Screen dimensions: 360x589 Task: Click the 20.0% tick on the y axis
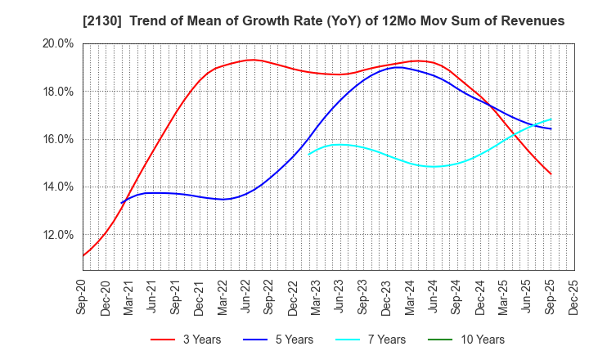click(x=56, y=44)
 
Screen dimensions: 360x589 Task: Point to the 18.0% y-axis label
click(x=56, y=92)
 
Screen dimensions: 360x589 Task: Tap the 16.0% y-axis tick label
click(x=56, y=139)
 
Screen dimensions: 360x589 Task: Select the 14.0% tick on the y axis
click(x=56, y=187)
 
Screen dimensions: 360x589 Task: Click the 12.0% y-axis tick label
click(x=56, y=235)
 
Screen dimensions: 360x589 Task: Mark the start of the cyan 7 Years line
click(x=308, y=153)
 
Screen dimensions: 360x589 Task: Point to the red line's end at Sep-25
click(x=551, y=173)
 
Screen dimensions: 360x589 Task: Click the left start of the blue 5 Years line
click(x=121, y=203)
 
